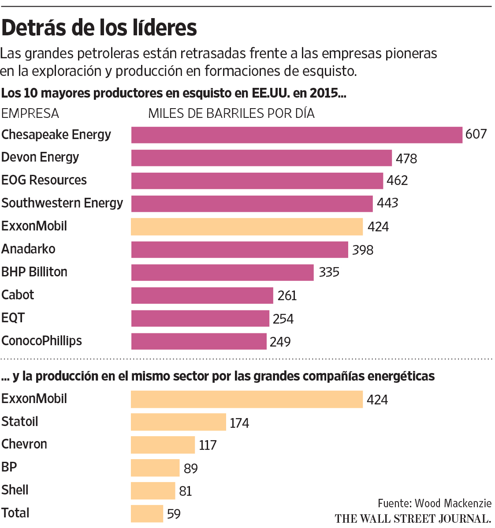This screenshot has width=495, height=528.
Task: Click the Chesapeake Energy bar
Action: (296, 135)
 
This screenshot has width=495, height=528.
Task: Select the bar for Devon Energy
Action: (261, 158)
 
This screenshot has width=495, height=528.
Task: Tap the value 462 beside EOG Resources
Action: (397, 181)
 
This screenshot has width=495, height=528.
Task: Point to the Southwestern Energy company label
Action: (62, 203)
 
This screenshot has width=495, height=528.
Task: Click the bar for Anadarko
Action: (239, 249)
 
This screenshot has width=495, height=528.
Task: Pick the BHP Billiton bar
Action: (222, 272)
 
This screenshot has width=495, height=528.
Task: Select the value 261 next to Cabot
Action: (287, 295)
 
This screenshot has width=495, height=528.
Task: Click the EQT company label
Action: (13, 318)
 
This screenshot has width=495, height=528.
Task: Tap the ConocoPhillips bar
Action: (199, 341)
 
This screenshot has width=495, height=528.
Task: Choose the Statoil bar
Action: (178, 422)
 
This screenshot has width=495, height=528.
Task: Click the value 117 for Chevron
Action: (208, 445)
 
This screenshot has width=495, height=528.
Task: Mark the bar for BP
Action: (155, 468)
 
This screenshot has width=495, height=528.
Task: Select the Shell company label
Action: (15, 490)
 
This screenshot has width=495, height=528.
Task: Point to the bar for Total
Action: (147, 514)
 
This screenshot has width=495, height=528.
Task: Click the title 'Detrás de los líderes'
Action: (99, 28)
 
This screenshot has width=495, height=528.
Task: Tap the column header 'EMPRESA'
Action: (30, 113)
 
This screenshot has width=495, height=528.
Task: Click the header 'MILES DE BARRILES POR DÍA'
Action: (231, 113)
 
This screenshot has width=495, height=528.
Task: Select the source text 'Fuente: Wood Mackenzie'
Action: (434, 503)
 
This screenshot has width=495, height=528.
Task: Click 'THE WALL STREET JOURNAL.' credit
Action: (413, 518)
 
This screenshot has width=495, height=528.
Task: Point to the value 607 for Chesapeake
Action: (476, 134)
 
